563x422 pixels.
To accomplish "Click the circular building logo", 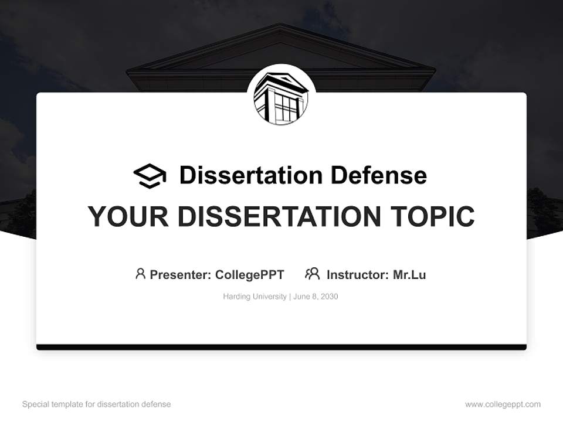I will tap(281, 97).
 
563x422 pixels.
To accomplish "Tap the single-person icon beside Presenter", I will tap(140, 274).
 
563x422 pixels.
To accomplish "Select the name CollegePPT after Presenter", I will tap(250, 274).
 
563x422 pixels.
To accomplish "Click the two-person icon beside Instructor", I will tap(313, 274).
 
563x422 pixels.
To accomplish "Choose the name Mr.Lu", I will tap(409, 274).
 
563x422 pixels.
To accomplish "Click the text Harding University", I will tap(255, 297).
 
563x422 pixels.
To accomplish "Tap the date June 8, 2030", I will tap(316, 297).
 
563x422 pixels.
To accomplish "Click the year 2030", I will tap(328, 297).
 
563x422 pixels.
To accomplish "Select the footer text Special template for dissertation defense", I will tap(97, 404).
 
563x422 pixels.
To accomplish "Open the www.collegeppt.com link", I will tap(503, 404).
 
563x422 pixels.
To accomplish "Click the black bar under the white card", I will tap(281, 348).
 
